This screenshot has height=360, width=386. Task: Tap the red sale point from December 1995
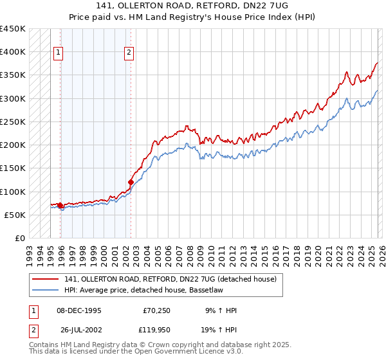(x=60, y=206)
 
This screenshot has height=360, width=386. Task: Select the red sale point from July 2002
(x=131, y=182)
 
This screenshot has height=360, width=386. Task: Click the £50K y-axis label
(x=15, y=215)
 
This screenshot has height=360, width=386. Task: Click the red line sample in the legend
(x=46, y=279)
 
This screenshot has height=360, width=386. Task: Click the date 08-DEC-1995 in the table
(x=79, y=310)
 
